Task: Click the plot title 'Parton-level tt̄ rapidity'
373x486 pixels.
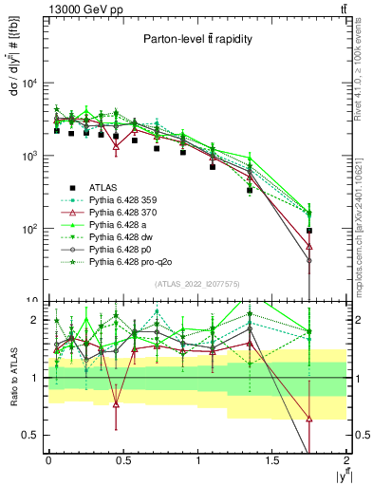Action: tap(196, 40)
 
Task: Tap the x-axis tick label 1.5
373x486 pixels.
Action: tap(271, 460)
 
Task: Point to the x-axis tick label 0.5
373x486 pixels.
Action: tap(122, 460)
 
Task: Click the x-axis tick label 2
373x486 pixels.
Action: tap(346, 460)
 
